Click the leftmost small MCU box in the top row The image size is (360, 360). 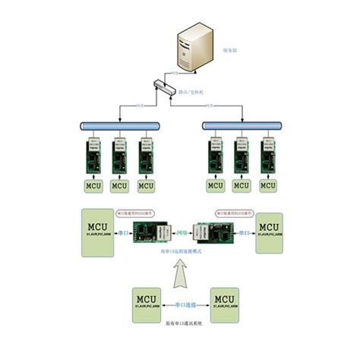pyautogui.click(x=93, y=185)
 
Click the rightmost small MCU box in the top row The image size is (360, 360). pyautogui.click(x=267, y=185)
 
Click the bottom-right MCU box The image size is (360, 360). pyautogui.click(x=226, y=302)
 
